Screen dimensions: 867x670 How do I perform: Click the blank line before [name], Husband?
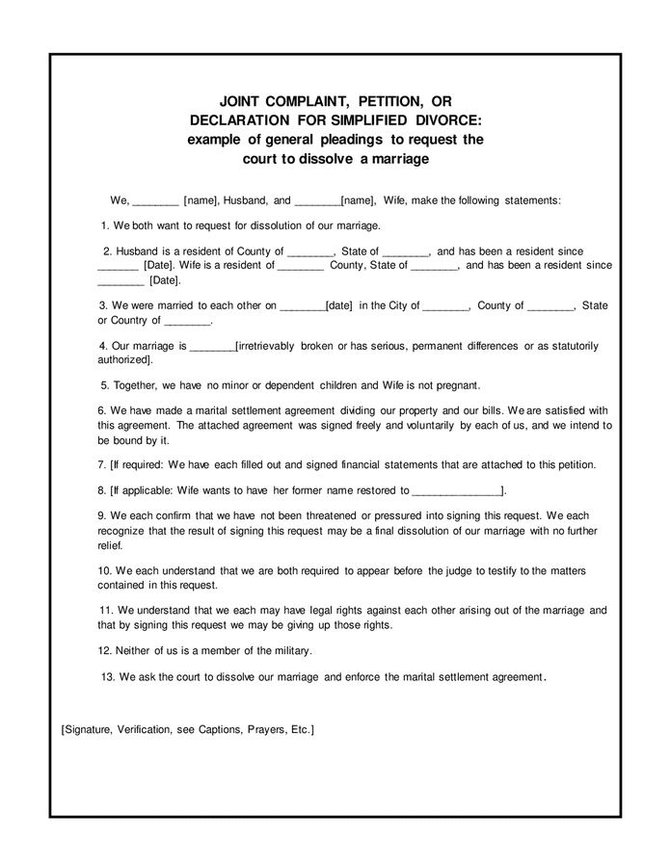coord(155,200)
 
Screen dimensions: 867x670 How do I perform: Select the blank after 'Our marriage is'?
coord(212,346)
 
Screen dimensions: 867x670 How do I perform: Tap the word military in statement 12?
coord(291,650)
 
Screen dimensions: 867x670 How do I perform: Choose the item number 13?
coord(107,677)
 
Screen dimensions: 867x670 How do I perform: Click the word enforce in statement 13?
coord(362,677)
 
